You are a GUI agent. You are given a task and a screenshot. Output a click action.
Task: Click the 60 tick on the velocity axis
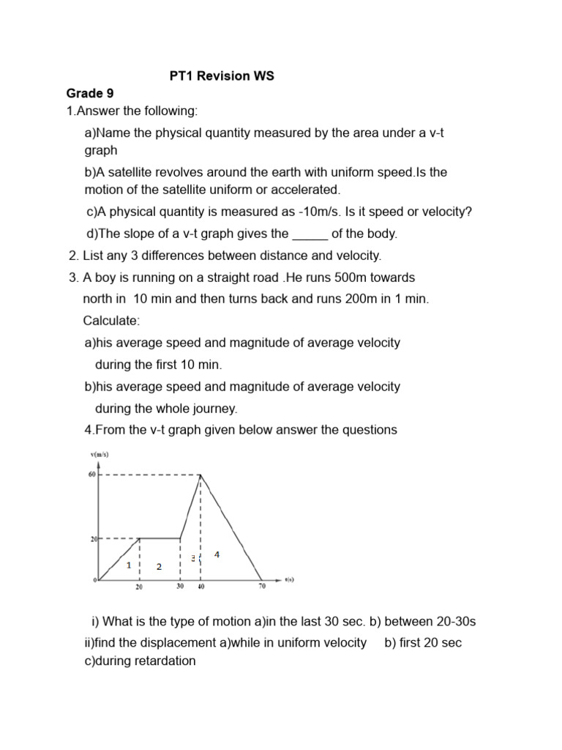[92, 474]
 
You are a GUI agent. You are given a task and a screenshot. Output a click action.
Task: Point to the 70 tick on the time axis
[262, 586]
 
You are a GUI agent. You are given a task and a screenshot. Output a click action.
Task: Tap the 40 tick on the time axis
[201, 586]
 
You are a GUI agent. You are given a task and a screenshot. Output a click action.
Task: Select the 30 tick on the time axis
[180, 586]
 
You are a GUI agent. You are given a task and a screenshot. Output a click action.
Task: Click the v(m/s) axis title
[100, 454]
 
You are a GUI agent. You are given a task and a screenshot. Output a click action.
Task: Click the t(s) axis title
[289, 579]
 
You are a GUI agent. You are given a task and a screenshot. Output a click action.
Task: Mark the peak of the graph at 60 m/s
[201, 475]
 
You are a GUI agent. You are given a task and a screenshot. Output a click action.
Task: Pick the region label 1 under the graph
[129, 565]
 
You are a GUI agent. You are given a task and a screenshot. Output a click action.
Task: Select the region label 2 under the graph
[159, 567]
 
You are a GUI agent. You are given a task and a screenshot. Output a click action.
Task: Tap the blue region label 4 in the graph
[217, 555]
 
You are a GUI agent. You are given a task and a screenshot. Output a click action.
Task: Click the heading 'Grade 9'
[90, 93]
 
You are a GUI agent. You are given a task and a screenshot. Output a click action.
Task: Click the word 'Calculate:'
[111, 321]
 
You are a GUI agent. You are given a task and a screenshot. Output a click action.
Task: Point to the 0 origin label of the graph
[94, 581]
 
